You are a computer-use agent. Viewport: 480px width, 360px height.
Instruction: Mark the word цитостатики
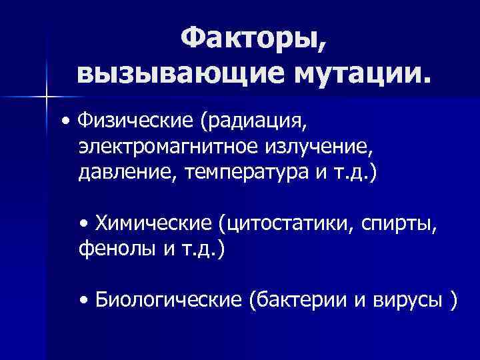pos(289,222)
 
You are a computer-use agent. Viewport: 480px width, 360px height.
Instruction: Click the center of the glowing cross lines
pos(47,97)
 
